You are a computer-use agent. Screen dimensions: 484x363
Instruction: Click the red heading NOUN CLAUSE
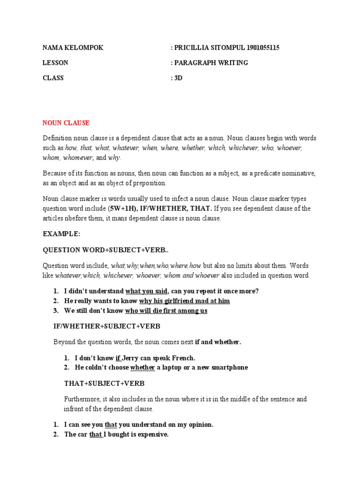coord(66,123)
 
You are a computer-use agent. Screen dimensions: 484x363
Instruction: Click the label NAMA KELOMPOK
coord(73,48)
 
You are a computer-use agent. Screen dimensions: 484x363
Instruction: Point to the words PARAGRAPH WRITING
coord(211,63)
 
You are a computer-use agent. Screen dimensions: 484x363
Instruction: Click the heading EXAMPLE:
coord(61,234)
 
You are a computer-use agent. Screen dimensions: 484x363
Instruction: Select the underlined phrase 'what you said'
coord(146,291)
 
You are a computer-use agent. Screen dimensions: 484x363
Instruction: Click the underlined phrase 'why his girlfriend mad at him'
coord(184,301)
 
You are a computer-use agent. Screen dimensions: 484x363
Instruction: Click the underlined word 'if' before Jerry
coord(118,358)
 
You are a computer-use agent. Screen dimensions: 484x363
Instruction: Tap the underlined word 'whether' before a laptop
coord(143,367)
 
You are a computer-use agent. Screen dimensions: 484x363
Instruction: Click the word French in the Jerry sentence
coord(184,358)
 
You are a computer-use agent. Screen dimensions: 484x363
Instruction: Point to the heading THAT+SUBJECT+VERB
coord(104,383)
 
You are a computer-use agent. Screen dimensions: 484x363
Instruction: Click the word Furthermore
coord(82,399)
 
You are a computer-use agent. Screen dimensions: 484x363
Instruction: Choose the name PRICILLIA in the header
coord(193,48)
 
